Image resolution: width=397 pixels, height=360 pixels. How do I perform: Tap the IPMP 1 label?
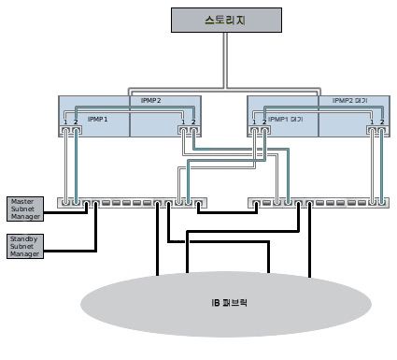pyautogui.click(x=98, y=120)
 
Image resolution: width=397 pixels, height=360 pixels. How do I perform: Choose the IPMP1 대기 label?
pyautogui.click(x=286, y=120)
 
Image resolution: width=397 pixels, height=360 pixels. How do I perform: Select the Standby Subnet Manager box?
pyautogui.click(x=23, y=246)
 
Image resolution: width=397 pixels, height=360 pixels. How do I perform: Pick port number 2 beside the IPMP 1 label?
pyautogui.click(x=76, y=122)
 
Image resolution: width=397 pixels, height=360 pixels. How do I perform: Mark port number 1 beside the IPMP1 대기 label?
pyautogui.click(x=254, y=122)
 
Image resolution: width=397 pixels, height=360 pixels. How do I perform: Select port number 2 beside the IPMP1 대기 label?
pyautogui.click(x=264, y=122)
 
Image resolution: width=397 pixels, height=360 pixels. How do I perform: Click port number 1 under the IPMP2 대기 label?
pyautogui.click(x=372, y=122)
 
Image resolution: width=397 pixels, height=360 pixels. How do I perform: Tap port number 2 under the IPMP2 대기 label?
pyautogui.click(x=382, y=122)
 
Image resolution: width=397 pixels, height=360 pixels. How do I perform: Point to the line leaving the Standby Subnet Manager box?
pyautogui.click(x=70, y=250)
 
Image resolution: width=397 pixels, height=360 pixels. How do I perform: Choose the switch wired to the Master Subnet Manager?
pyautogui.click(x=131, y=201)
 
